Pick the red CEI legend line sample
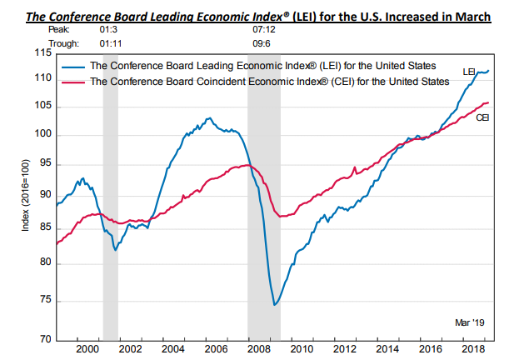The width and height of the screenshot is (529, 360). pos(74,82)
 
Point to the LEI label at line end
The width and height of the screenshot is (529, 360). pos(469,73)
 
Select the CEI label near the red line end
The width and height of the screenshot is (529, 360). pos(482,118)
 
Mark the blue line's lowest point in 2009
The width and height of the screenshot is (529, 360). pos(275,305)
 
